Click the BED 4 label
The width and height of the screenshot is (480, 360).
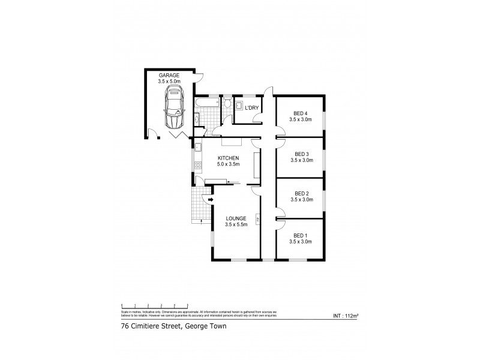click(x=301, y=113)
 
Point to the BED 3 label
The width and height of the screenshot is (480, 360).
click(x=301, y=154)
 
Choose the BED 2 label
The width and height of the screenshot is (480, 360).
click(x=301, y=193)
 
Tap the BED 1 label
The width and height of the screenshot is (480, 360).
click(x=301, y=235)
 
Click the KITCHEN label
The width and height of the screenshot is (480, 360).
click(x=228, y=158)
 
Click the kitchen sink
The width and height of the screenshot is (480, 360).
click(x=197, y=147)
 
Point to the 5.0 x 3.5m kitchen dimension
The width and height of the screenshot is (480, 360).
click(x=228, y=164)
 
